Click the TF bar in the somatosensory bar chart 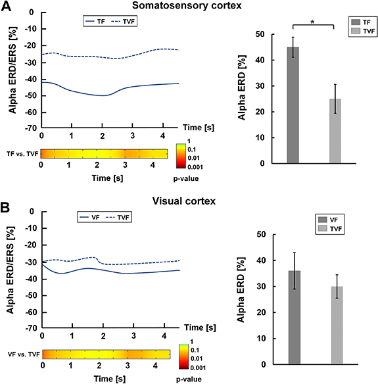293,105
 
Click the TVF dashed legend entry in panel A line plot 126,21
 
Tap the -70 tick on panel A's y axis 28,127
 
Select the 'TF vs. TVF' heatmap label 20,154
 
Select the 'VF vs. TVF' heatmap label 20,354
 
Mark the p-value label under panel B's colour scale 190,378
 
